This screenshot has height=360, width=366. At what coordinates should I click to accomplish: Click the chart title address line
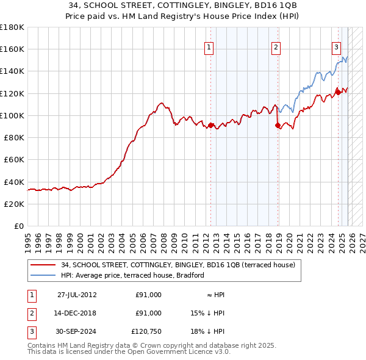pyautogui.click(x=182, y=5)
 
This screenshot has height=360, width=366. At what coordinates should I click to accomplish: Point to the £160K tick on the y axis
pyautogui.click(x=12, y=49)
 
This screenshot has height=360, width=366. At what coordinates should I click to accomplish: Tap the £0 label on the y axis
pyautogui.click(x=18, y=226)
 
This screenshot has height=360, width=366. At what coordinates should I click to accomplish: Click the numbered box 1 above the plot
pyautogui.click(x=209, y=47)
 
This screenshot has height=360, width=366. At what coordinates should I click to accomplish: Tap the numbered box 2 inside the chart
pyautogui.click(x=276, y=47)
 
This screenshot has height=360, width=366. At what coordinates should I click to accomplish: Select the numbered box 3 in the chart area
pyautogui.click(x=336, y=47)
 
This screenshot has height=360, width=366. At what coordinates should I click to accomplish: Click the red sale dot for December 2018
pyautogui.click(x=278, y=126)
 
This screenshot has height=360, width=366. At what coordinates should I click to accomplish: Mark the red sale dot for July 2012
pyautogui.click(x=211, y=126)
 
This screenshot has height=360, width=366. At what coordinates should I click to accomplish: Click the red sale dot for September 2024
pyautogui.click(x=338, y=93)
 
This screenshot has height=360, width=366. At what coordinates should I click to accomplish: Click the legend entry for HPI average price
pyautogui.click(x=132, y=275)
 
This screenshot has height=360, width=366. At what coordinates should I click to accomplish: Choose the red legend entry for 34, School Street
pyautogui.click(x=178, y=265)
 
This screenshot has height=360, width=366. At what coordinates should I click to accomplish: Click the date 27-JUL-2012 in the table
pyautogui.click(x=76, y=295)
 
